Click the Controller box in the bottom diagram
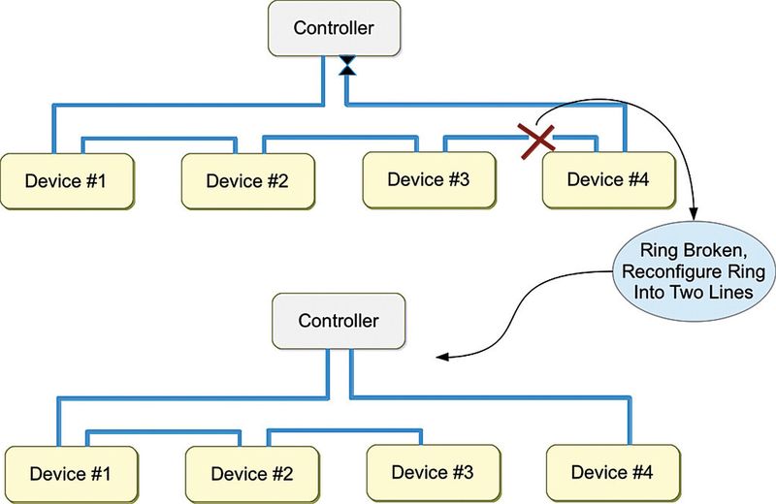click(x=338, y=321)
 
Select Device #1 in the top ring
click(x=65, y=181)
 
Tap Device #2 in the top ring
click(x=247, y=180)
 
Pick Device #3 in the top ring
click(x=430, y=178)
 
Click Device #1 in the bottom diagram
click(x=69, y=474)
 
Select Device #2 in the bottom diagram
click(x=250, y=474)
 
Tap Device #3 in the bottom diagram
click(x=432, y=473)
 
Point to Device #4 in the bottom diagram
click(x=611, y=472)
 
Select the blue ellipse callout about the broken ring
click(x=690, y=273)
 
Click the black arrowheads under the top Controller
click(x=346, y=66)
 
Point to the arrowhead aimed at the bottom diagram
click(x=441, y=358)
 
